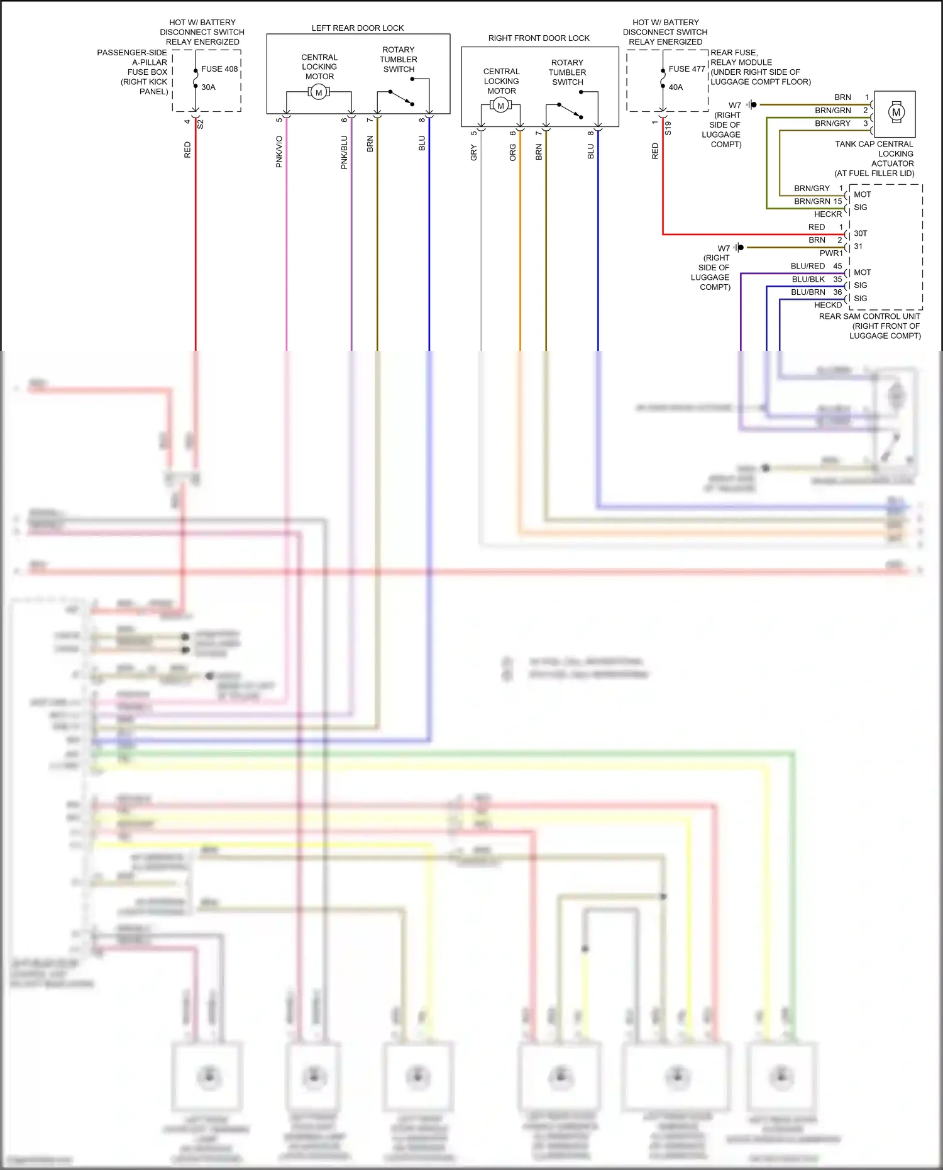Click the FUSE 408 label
click(219, 69)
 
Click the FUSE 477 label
click(687, 69)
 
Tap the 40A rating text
click(676, 87)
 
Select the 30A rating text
click(208, 87)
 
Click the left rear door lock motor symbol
click(319, 92)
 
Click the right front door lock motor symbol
click(500, 106)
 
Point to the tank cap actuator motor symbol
click(896, 113)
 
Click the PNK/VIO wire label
click(279, 152)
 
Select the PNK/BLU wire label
click(344, 152)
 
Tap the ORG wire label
click(512, 152)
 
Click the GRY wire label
click(473, 152)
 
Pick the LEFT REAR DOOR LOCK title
click(358, 28)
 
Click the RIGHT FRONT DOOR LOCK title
click(539, 38)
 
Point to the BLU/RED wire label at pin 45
click(808, 267)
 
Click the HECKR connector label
click(828, 214)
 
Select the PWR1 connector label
click(831, 253)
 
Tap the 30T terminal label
click(860, 233)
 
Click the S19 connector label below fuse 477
click(668, 128)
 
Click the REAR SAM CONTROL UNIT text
click(869, 317)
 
